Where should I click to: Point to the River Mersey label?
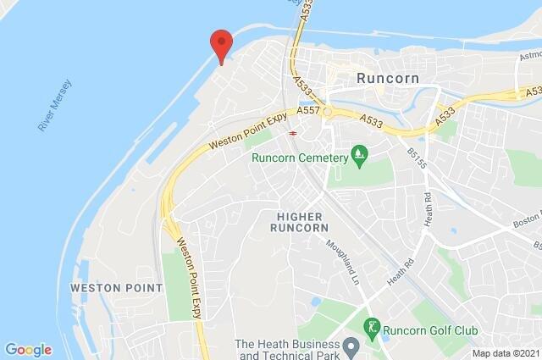pyautogui.click(x=56, y=106)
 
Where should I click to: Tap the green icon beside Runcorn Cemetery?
pyautogui.click(x=361, y=154)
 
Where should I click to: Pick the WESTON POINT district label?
pyautogui.click(x=116, y=288)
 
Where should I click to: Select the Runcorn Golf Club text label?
pyautogui.click(x=433, y=330)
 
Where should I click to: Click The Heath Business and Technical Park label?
pyautogui.click(x=286, y=350)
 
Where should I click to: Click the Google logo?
pyautogui.click(x=28, y=349)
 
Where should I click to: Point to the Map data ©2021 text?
pyautogui.click(x=506, y=353)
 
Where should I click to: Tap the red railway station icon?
pyautogui.click(x=292, y=132)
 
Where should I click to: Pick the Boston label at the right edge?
pyautogui.click(x=526, y=221)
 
